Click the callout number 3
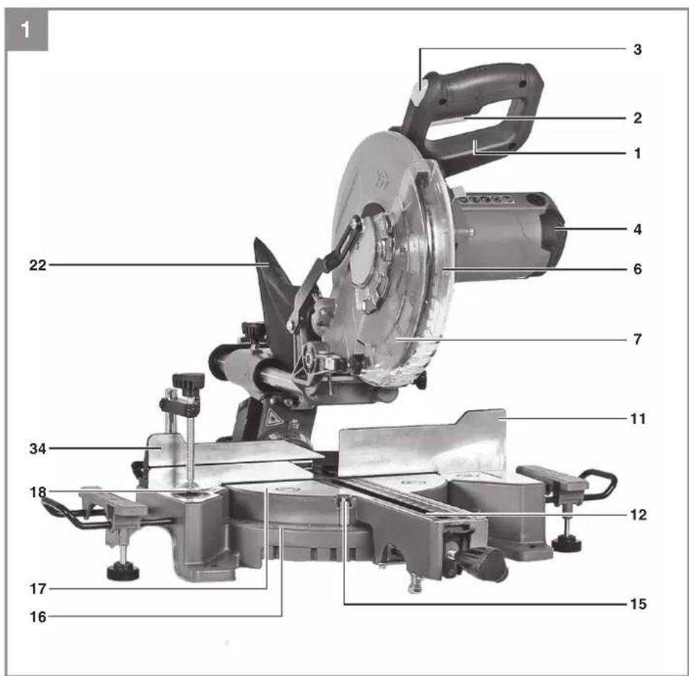click(637, 49)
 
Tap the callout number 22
click(38, 265)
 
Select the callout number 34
click(38, 449)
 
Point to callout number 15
click(638, 604)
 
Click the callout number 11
click(638, 419)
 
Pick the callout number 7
click(638, 339)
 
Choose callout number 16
click(38, 617)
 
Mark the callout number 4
click(638, 229)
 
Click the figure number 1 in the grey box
click(25, 30)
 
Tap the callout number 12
click(638, 515)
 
